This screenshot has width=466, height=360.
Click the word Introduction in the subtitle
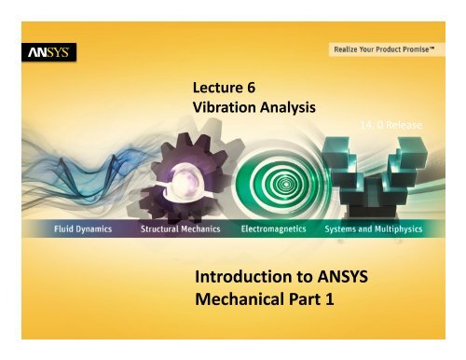click(245, 279)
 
